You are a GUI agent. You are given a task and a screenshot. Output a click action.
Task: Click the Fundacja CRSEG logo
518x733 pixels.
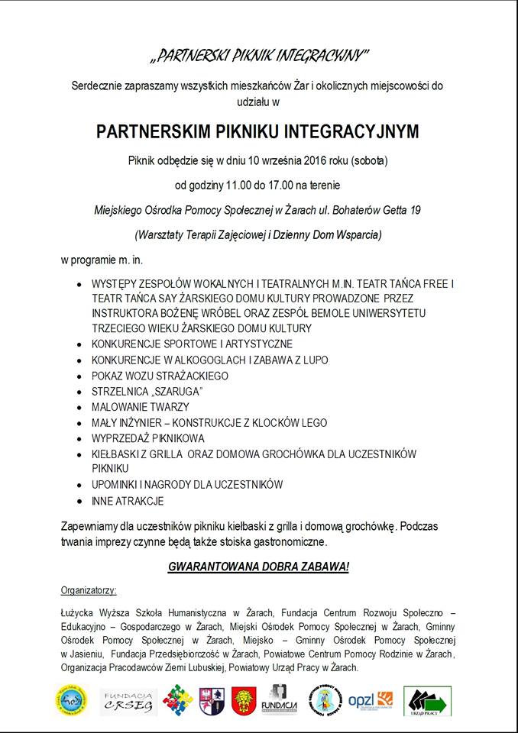[128, 702]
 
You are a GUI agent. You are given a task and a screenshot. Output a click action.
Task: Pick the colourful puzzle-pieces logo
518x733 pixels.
[177, 701]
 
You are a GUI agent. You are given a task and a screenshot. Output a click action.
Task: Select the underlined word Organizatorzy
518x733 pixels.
[88, 590]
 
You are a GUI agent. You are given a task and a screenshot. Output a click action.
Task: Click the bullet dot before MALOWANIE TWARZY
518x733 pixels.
[82, 408]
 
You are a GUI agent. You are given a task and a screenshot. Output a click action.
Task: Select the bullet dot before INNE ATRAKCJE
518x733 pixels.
[82, 502]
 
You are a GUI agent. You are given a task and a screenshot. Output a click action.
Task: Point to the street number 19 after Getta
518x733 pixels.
[415, 209]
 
